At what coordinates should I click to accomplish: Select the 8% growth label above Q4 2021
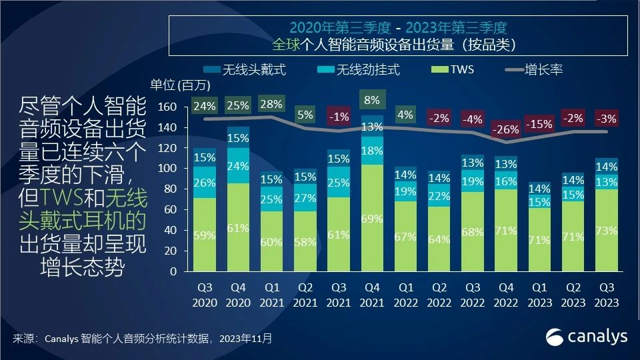pos(373,101)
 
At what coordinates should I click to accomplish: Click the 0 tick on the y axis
pos(172,271)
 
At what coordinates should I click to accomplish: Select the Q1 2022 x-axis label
pos(406,296)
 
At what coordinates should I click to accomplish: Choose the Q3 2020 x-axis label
pos(205,296)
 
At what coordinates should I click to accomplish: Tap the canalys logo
pos(587,337)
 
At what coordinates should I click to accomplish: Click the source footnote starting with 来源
pos(143,339)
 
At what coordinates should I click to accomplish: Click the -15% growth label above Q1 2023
pos(539,124)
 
